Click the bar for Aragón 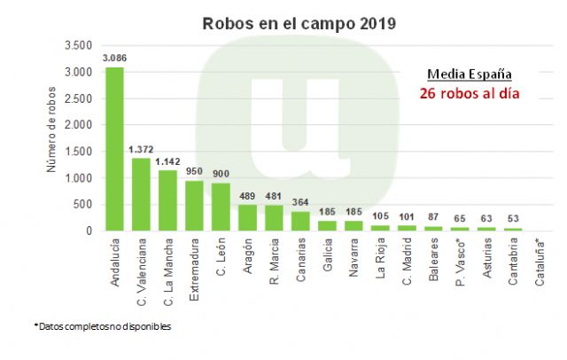click(247, 218)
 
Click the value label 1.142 click(167, 162)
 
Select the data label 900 click(221, 175)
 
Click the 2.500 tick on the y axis click(80, 98)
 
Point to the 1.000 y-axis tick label click(80, 178)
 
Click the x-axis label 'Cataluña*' click(540, 266)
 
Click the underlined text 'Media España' click(469, 74)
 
